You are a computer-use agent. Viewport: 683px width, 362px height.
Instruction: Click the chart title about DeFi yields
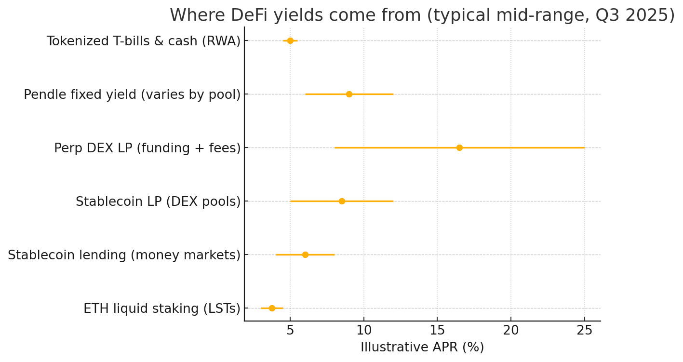[x=422, y=15]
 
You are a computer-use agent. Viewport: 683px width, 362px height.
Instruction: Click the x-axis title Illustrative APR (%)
[x=422, y=348]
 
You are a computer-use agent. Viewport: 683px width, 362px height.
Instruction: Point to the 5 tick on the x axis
[x=290, y=331]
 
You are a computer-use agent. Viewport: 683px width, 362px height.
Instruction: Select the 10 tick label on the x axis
[x=364, y=331]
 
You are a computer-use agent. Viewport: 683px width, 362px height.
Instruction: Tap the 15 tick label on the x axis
[x=437, y=331]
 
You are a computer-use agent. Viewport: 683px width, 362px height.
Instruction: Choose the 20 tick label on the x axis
[x=511, y=331]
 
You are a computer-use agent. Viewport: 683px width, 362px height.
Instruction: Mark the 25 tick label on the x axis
[x=585, y=331]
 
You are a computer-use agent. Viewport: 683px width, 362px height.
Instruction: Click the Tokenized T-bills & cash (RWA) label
[x=143, y=41]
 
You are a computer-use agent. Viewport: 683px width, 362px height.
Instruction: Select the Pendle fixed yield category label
[x=132, y=95]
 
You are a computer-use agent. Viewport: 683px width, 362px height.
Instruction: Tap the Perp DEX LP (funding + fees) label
[x=147, y=148]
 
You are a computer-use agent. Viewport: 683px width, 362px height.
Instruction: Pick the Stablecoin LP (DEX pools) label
[x=158, y=202]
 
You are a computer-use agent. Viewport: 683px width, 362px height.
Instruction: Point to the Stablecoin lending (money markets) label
[x=124, y=255]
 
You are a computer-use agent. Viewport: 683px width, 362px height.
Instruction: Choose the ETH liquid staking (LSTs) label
[x=161, y=309]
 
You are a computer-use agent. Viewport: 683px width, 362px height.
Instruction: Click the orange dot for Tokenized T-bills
[x=290, y=40]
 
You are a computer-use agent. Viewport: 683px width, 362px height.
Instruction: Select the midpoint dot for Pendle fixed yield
[x=349, y=94]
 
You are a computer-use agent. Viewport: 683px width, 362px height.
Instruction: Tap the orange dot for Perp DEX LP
[x=459, y=147]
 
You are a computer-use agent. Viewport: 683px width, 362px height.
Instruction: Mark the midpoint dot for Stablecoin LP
[x=342, y=201]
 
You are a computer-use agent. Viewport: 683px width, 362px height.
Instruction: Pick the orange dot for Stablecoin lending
[x=305, y=255]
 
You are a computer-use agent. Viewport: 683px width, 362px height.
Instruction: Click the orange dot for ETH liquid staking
[x=272, y=308]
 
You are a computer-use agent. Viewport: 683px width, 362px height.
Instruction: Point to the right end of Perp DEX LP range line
[x=584, y=147]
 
